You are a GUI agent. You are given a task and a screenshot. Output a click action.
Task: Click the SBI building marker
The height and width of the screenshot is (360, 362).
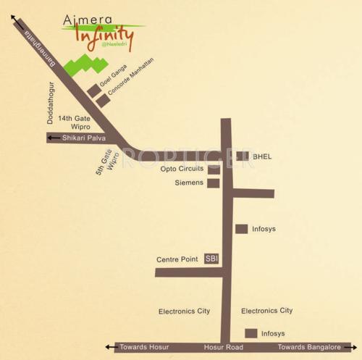pyautogui.click(x=211, y=258)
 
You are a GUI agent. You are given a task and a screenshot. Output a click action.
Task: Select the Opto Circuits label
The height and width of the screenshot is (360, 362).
pyautogui.click(x=182, y=169)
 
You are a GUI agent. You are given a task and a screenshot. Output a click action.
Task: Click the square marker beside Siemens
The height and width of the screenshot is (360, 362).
pyautogui.click(x=213, y=183)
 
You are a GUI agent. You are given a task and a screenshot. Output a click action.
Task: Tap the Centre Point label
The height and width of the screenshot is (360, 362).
pyautogui.click(x=177, y=259)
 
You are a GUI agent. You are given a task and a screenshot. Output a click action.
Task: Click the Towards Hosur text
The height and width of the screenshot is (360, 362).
pyautogui.click(x=144, y=348)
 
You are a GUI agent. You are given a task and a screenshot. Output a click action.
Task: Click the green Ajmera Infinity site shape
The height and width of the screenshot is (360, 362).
pyautogui.click(x=85, y=64)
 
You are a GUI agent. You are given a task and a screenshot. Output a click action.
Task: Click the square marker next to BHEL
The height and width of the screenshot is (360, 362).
pyautogui.click(x=244, y=156)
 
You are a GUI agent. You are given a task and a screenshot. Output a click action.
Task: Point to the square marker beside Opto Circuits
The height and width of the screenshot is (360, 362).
pyautogui.click(x=213, y=169)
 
